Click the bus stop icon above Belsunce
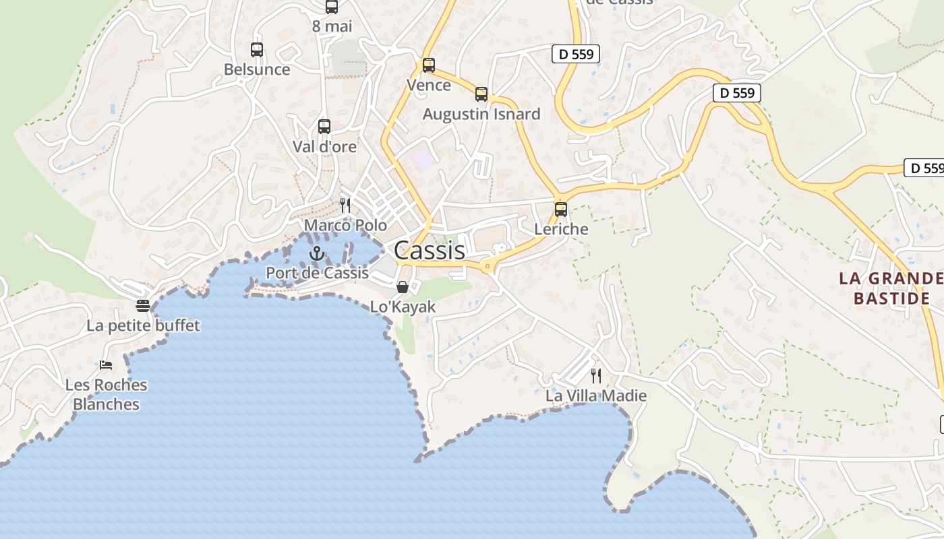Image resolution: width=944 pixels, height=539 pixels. (256, 49)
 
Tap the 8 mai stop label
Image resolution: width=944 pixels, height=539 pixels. (332, 26)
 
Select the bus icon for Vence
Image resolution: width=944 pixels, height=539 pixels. (428, 65)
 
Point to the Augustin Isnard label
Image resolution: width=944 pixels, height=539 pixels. (481, 114)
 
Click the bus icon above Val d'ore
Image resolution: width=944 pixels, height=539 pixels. (324, 126)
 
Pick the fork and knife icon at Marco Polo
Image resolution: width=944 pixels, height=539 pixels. (345, 205)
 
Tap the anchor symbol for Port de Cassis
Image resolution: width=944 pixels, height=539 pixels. (316, 253)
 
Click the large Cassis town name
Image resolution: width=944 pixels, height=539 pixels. (429, 251)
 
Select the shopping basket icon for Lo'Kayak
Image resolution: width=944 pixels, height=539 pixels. (403, 287)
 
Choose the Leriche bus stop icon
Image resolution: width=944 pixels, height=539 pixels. (560, 209)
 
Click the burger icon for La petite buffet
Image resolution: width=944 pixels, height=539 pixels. (142, 306)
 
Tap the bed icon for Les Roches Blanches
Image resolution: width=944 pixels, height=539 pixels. (106, 365)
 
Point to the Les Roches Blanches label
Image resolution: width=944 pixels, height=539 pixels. (106, 395)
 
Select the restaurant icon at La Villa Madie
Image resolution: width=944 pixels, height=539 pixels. (596, 375)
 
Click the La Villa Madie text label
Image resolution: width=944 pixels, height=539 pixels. (596, 396)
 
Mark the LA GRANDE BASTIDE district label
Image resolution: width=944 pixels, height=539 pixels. (891, 288)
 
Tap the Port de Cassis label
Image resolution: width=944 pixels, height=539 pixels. (317, 273)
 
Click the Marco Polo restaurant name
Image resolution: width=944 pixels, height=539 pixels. (345, 225)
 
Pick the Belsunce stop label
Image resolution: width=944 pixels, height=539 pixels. (257, 69)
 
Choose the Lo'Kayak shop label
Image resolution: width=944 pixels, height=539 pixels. (403, 307)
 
